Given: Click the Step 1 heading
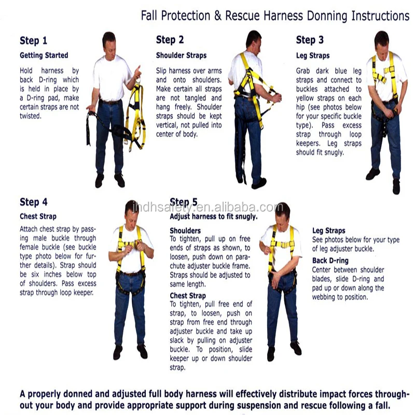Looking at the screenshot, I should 33,40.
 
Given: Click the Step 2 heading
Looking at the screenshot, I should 170,40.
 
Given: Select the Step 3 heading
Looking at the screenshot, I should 310,40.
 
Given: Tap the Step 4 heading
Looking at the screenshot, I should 33,202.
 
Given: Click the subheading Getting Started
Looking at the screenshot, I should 44,55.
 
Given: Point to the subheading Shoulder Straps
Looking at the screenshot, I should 181,56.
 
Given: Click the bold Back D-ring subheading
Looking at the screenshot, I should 330,260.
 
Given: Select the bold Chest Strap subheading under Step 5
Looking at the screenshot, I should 188,296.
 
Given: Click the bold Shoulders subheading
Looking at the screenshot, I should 185,230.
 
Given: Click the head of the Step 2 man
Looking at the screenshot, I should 254,38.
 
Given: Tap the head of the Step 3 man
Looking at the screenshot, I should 382,39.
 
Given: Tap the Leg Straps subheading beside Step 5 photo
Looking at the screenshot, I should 328,230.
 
